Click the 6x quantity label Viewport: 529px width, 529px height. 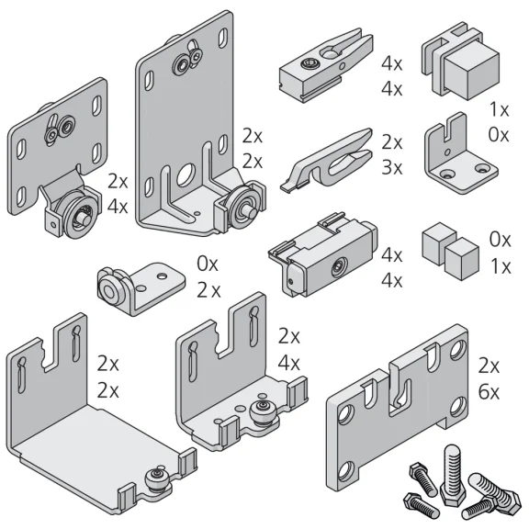click(489, 392)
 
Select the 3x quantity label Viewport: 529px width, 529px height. click(391, 167)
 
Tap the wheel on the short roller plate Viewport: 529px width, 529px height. click(80, 216)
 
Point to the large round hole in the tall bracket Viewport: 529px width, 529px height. click(186, 175)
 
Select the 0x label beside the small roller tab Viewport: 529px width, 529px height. click(208, 264)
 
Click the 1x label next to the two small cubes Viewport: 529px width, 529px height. click(501, 266)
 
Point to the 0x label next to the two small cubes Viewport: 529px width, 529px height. click(501, 240)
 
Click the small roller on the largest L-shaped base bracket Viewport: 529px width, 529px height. click(157, 479)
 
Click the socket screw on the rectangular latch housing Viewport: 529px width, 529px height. click(338, 266)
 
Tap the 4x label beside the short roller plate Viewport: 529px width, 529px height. click(118, 206)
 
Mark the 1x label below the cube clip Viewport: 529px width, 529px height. click(499, 109)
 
